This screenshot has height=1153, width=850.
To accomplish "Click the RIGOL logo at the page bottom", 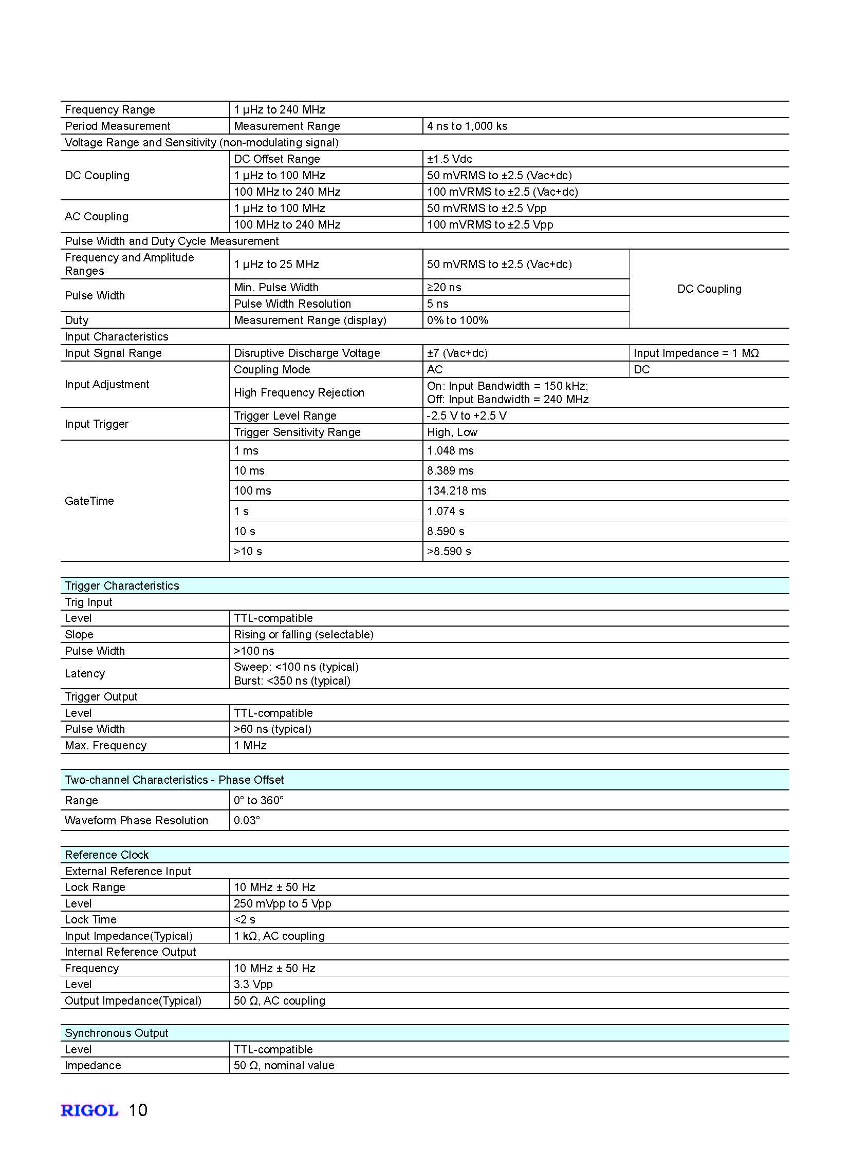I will [x=89, y=1110].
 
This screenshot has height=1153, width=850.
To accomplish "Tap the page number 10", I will [x=138, y=1110].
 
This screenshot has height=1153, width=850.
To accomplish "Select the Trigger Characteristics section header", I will [x=122, y=585].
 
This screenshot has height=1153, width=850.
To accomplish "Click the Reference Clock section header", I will [x=106, y=854].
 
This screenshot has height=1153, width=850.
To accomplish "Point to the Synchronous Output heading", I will [x=116, y=1033].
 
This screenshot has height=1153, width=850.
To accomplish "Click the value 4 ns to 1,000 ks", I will [x=467, y=126].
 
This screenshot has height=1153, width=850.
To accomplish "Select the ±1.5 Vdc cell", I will [x=449, y=159].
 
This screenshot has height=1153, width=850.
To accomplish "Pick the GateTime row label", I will [x=89, y=500].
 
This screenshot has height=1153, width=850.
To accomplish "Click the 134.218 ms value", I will [x=456, y=490].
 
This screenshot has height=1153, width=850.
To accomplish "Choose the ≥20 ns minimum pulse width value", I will [x=444, y=287].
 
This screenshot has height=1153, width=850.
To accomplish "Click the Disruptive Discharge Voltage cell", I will [x=307, y=353].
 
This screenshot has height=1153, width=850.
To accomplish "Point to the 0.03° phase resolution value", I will [x=247, y=820].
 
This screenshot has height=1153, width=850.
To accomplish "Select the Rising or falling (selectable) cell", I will [x=303, y=634].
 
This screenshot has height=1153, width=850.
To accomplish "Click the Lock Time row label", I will [x=90, y=919].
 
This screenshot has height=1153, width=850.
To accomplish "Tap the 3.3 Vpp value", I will [x=253, y=985].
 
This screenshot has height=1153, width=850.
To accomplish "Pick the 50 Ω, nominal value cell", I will [x=284, y=1065].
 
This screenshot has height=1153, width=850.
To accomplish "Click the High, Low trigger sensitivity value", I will [x=452, y=432].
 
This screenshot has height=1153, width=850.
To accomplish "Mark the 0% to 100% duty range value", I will [x=457, y=320].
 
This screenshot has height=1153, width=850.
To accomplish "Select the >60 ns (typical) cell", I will [x=272, y=729].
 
